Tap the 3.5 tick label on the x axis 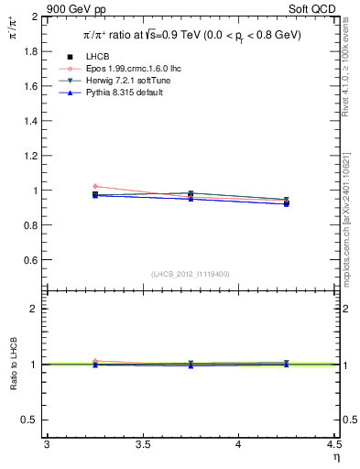coord(143,446)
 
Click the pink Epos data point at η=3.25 coord(95,186)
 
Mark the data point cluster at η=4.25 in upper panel coord(287,202)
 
